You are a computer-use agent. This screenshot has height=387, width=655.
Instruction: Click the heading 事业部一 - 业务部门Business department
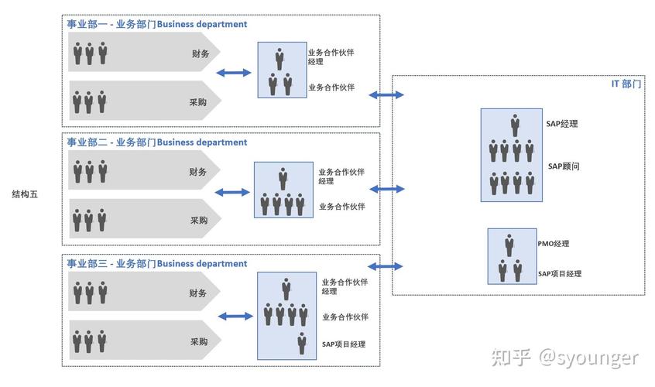156,24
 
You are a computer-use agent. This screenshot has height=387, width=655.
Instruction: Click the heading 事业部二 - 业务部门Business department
156,142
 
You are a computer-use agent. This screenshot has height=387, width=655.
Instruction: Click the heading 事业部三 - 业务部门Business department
156,264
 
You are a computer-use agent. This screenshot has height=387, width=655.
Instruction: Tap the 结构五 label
25,194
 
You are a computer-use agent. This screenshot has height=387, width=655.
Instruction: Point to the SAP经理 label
562,124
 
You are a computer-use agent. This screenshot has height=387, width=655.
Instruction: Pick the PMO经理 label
553,244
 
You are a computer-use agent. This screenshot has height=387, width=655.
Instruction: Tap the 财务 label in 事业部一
200,53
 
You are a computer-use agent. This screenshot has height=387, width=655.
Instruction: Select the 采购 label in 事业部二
199,221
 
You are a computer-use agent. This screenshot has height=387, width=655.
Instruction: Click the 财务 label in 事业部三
198,293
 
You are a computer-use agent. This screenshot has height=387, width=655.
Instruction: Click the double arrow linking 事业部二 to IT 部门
387,189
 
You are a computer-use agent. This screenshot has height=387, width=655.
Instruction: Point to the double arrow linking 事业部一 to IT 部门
387,94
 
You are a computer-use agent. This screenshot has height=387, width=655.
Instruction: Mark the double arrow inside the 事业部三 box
236,317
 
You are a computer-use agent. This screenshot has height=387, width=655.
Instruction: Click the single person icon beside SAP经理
515,125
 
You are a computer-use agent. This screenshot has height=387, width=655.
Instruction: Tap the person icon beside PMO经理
509,245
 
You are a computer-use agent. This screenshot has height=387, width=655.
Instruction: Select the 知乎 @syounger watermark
566,358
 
